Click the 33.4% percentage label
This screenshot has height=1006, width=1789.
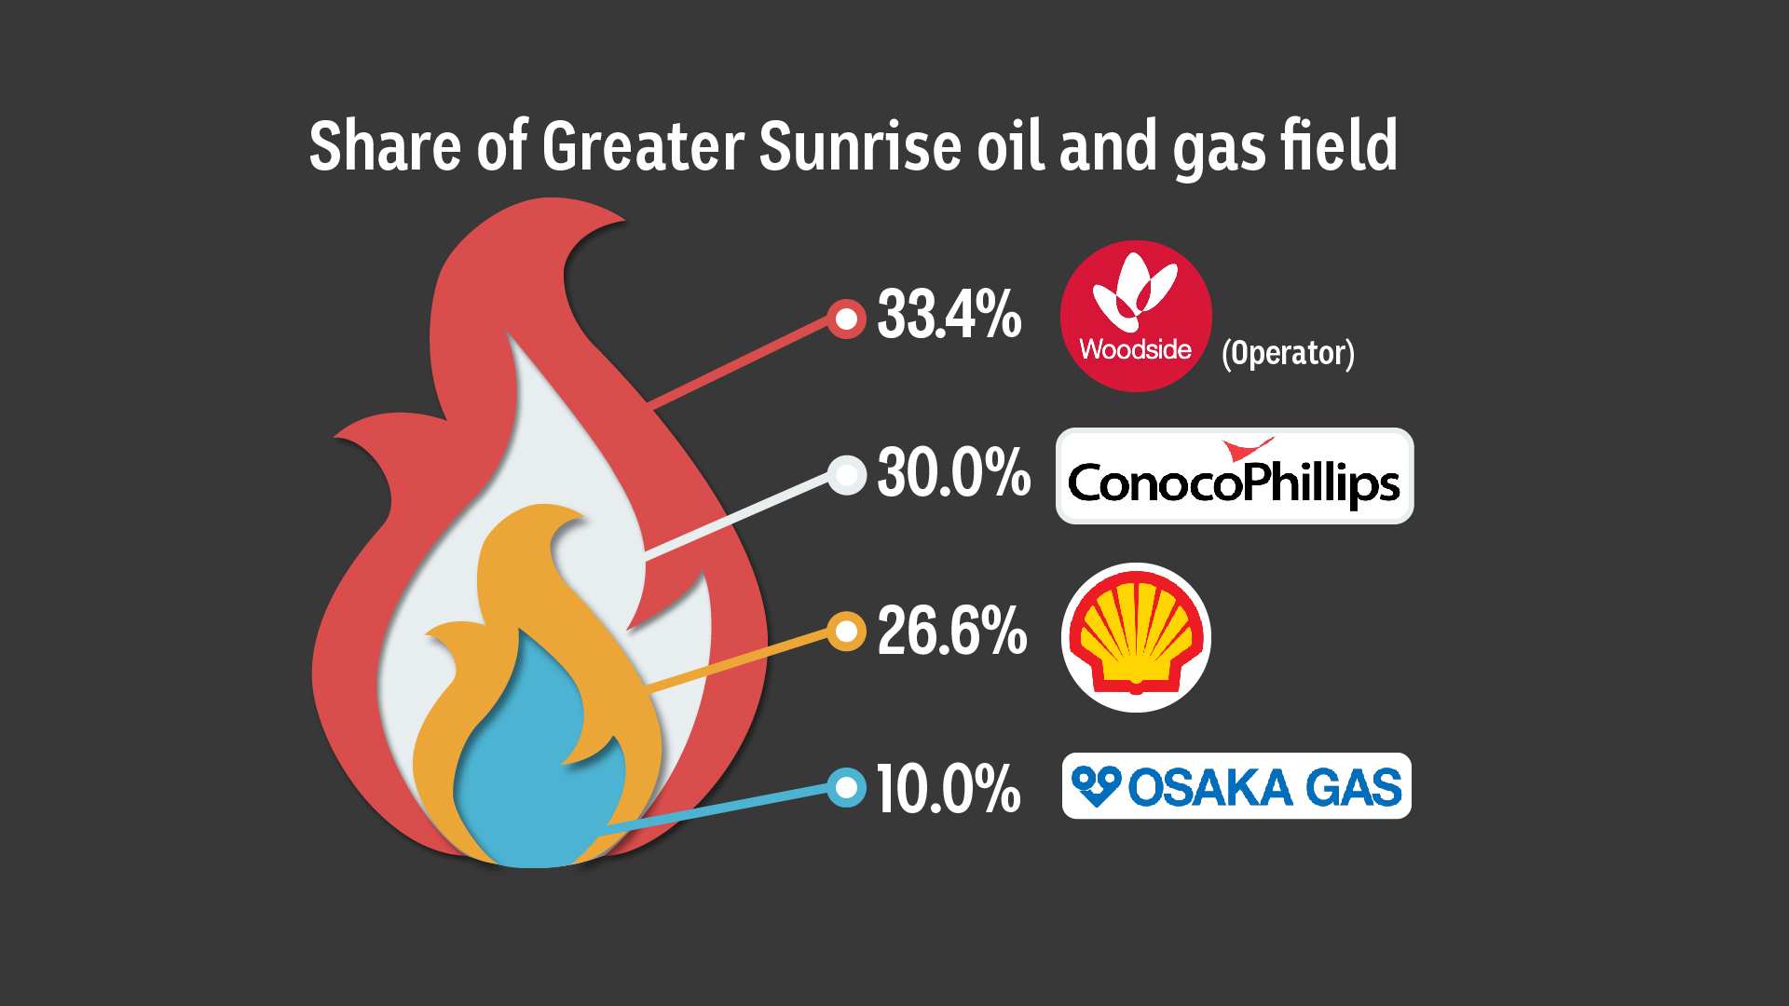click(x=949, y=315)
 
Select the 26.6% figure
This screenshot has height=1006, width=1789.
click(x=951, y=631)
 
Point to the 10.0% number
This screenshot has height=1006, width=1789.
click(x=948, y=789)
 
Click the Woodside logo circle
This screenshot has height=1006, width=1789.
click(x=1136, y=316)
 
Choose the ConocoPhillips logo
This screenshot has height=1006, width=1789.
click(x=1234, y=476)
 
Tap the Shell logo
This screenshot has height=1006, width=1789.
click(x=1136, y=637)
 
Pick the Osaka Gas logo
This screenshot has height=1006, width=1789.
click(x=1236, y=786)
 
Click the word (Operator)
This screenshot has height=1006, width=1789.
click(x=1288, y=353)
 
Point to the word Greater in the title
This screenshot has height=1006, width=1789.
click(x=643, y=146)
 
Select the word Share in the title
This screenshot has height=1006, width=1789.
click(x=384, y=146)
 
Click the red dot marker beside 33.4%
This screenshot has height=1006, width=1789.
click(x=846, y=319)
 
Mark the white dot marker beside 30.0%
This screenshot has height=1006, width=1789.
click(x=847, y=476)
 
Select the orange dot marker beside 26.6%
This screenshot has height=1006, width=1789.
click(x=846, y=632)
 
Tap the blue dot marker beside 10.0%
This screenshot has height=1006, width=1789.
click(x=846, y=788)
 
